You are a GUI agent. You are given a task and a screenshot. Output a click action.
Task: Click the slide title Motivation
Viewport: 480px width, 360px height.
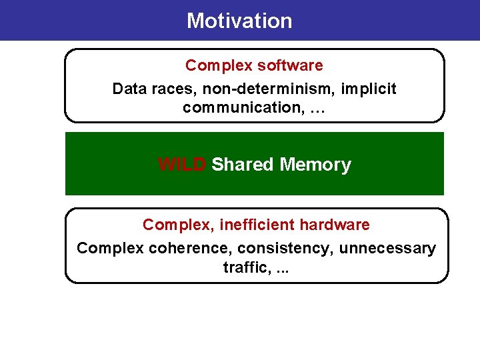[x=239, y=21]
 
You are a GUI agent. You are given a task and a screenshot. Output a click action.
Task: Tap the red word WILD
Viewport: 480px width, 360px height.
[x=182, y=165]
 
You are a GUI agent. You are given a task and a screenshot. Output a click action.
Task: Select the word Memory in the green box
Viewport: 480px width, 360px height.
[x=316, y=165]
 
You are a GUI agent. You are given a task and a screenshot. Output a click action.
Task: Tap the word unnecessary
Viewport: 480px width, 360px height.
[x=387, y=249]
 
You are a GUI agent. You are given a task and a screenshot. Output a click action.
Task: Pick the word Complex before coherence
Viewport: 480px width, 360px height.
[x=110, y=249]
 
